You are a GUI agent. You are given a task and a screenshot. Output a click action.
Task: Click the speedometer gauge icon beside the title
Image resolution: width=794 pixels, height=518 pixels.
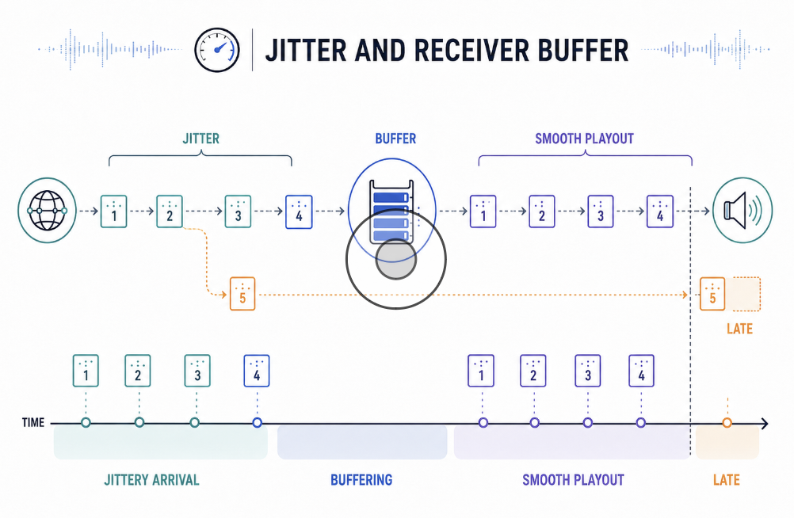[217, 50]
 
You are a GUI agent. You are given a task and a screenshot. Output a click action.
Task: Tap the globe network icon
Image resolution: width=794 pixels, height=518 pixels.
[47, 210]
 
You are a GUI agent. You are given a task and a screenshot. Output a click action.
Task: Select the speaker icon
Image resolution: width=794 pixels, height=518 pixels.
[742, 210]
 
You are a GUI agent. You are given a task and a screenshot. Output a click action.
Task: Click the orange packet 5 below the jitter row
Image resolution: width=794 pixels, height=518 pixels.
[242, 294]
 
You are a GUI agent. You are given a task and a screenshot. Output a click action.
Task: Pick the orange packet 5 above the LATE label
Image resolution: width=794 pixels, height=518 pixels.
[712, 294]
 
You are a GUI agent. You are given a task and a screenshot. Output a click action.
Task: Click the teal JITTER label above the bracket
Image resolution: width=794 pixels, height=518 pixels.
[201, 139]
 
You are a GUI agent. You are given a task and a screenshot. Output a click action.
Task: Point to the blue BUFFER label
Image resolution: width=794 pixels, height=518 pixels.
[395, 139]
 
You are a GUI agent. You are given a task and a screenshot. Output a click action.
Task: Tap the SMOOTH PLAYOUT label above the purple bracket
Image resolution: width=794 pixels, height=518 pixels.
[584, 139]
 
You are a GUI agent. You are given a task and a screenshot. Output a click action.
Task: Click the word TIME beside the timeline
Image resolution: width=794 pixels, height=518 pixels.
[33, 422]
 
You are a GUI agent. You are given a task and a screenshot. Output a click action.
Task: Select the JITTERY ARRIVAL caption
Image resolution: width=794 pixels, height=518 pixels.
[151, 479]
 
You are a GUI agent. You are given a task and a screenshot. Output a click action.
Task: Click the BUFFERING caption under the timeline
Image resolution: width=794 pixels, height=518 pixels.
[361, 479]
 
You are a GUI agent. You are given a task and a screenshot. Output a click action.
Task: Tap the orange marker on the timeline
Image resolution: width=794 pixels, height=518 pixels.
[727, 422]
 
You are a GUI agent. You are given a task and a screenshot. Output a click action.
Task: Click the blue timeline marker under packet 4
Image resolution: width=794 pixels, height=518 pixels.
[258, 422]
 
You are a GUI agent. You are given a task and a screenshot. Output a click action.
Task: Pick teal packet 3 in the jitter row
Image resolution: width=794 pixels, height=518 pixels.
[238, 211]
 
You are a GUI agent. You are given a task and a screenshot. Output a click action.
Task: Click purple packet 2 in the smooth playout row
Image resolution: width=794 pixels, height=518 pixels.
[542, 211]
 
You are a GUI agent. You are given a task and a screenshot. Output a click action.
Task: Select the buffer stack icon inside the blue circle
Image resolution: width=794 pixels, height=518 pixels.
[391, 211]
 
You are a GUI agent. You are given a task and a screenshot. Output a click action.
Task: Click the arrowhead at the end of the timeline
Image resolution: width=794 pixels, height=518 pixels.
[765, 423]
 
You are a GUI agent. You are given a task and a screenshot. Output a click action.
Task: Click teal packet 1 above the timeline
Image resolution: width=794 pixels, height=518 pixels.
[86, 371]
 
